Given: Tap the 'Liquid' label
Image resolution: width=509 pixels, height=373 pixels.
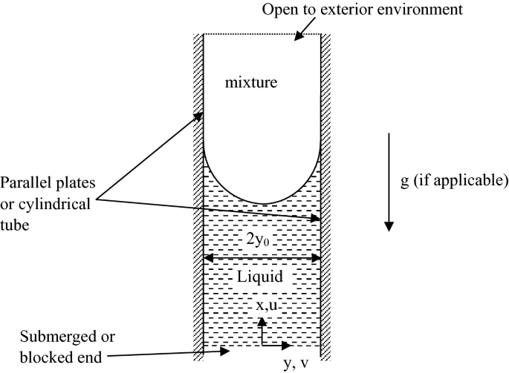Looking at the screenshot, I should [x=257, y=277].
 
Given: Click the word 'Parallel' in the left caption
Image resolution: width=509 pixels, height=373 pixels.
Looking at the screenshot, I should [x=24, y=182].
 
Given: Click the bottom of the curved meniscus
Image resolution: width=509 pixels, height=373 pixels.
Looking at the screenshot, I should [x=262, y=202].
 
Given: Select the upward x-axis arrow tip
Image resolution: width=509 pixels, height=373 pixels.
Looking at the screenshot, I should [x=262, y=320].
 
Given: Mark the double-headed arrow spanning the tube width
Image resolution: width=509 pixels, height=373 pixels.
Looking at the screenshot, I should [x=262, y=258].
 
